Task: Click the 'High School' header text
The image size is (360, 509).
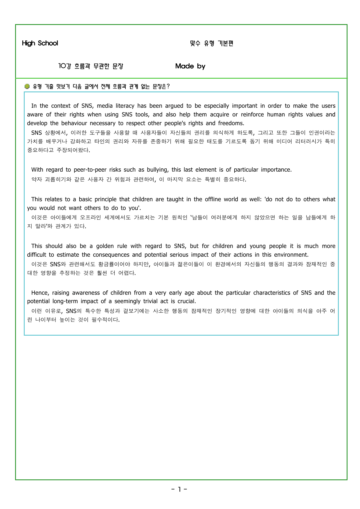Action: [x=40, y=43]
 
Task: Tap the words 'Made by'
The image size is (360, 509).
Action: [x=190, y=66]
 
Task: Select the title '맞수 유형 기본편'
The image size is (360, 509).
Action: [x=212, y=43]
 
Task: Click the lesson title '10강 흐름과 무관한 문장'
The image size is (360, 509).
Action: [x=91, y=66]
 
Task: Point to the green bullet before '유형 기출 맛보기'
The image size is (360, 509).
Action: [x=27, y=86]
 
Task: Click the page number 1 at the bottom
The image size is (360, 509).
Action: [x=179, y=489]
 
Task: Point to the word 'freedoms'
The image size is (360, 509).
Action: [x=231, y=123]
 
